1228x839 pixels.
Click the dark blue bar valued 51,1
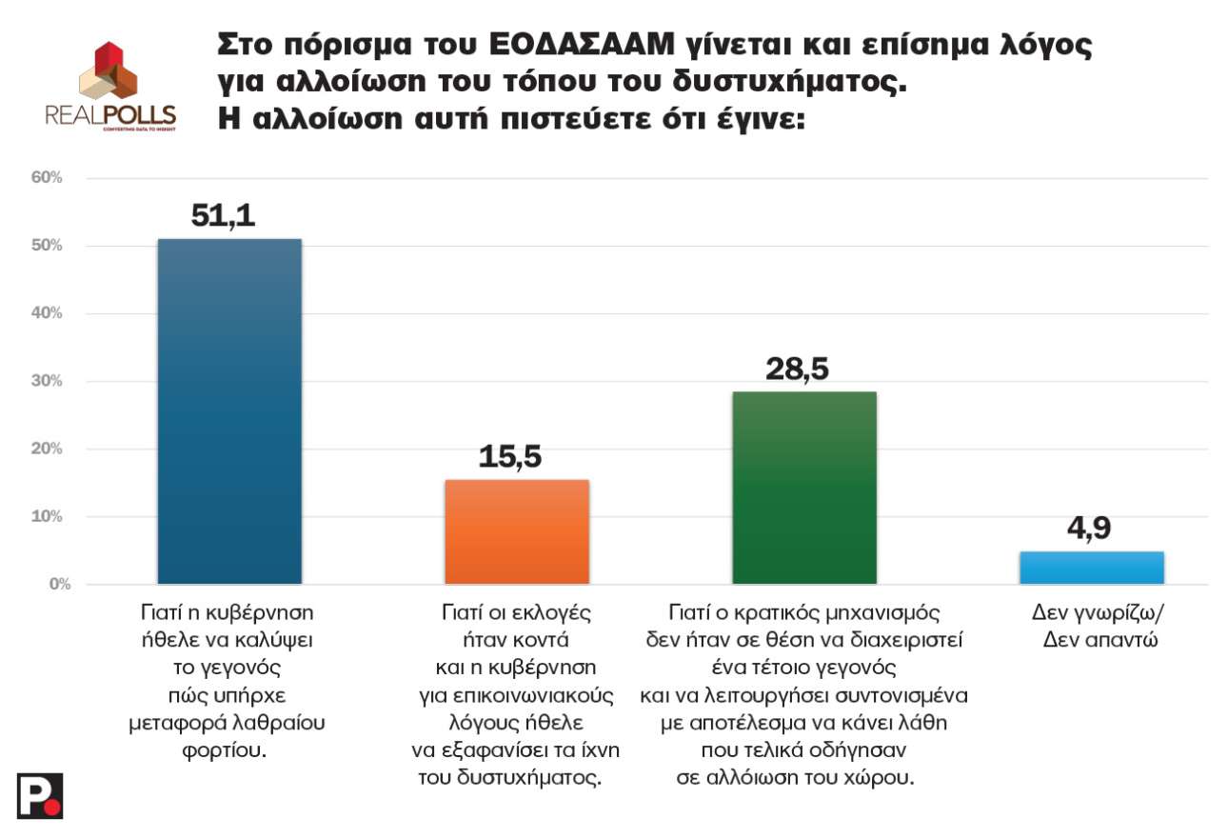click(x=229, y=410)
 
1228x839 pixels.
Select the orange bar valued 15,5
click(x=517, y=531)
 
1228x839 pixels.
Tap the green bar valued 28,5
click(x=804, y=487)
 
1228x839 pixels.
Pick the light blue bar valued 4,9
click(x=1092, y=568)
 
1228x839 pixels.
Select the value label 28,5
click(x=797, y=369)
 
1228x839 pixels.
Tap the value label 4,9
click(x=1088, y=528)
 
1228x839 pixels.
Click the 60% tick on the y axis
click(x=47, y=178)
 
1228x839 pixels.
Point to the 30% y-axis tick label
click(x=47, y=381)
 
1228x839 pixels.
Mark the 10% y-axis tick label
click(x=47, y=516)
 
